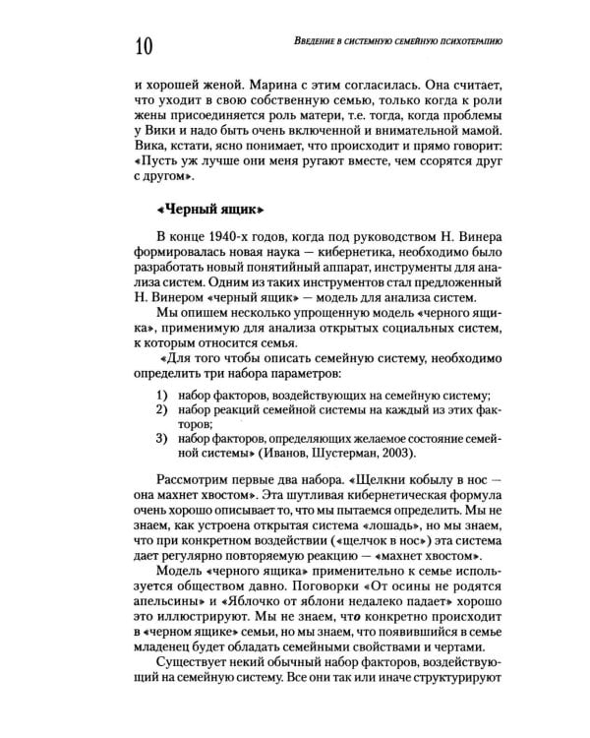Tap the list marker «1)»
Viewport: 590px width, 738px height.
tap(160, 395)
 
